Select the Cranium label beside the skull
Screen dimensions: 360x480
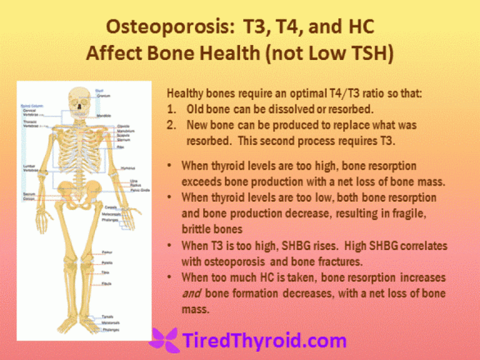101,96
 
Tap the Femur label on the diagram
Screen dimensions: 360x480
107,252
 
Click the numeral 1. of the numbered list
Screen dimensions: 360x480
170,109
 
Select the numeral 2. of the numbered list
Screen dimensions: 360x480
171,125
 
